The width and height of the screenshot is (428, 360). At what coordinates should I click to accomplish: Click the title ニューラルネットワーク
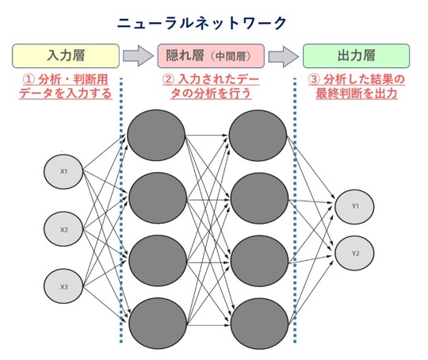coord(202,23)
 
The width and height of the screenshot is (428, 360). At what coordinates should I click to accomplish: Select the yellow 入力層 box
coord(66,56)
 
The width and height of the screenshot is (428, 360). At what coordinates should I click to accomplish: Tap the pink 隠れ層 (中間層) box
coord(211,56)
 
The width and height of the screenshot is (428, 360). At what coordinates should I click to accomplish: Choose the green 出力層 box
coord(356,56)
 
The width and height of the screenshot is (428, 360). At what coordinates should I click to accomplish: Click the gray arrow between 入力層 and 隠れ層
coord(138,56)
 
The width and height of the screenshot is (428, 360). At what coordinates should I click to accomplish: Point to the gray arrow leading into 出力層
coord(284,56)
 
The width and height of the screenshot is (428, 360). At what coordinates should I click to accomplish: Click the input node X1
coord(63,171)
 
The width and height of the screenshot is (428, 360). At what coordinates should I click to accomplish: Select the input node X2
coord(63,229)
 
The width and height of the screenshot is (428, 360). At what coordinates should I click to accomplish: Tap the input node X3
coord(63,286)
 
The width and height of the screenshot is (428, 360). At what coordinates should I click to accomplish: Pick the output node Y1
coord(354,207)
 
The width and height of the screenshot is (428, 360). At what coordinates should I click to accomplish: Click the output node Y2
coord(354,253)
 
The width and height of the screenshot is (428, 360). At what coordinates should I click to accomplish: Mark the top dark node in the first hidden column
coord(156,136)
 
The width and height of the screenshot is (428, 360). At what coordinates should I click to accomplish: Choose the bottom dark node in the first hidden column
coord(158,324)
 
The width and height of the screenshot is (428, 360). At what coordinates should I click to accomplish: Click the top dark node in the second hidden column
coord(258,136)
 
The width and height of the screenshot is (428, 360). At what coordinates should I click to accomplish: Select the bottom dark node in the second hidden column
coord(259,324)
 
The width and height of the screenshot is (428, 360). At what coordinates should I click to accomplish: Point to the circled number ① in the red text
coord(29,80)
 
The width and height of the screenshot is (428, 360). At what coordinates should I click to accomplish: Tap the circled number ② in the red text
coord(168,80)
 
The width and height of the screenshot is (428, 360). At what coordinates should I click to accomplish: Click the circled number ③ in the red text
coord(314,80)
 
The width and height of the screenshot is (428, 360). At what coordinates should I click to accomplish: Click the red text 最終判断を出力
coord(356,94)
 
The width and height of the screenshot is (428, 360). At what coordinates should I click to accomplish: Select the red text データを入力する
coord(66,94)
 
